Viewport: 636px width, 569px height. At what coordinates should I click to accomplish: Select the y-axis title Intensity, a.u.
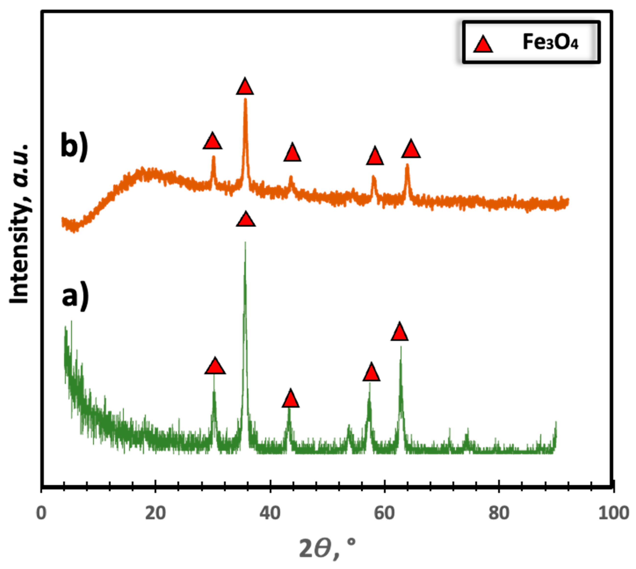click(19, 224)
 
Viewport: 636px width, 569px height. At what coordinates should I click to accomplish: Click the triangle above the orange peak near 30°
click(213, 142)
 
